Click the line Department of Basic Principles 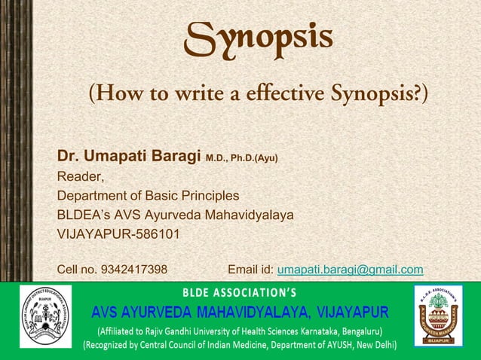click(x=149, y=196)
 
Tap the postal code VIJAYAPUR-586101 click(x=119, y=233)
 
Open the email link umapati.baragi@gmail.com click(x=350, y=270)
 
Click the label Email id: click(x=251, y=270)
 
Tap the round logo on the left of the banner click(x=46, y=316)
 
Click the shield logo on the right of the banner click(x=438, y=316)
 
